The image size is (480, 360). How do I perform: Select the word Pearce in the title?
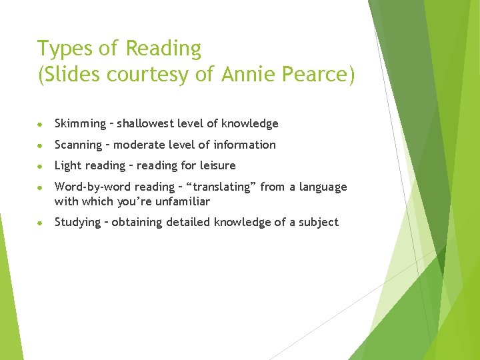click(x=316, y=75)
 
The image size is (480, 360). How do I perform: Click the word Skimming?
click(x=80, y=123)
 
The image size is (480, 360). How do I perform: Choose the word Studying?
click(x=77, y=223)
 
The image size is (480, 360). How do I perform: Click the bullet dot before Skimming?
click(x=41, y=124)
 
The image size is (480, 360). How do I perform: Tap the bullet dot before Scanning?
click(x=41, y=145)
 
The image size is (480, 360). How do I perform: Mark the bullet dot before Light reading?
click(x=41, y=166)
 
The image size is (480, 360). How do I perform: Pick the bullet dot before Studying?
click(x=41, y=223)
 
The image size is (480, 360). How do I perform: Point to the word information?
click(x=243, y=145)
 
